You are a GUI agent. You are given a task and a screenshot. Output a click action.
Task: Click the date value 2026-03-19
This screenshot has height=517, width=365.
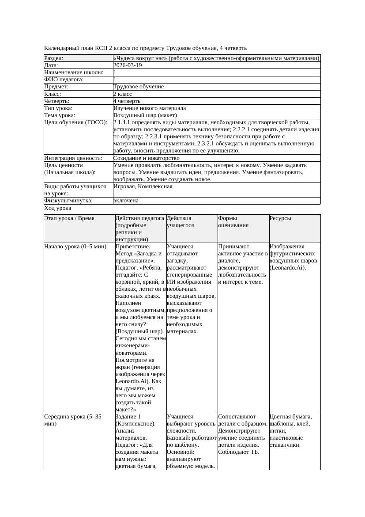pos(128,65)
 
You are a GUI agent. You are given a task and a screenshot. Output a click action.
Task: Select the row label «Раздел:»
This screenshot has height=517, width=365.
pos(54,58)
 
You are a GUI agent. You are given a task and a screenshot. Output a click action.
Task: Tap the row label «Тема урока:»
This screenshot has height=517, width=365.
pos(60,115)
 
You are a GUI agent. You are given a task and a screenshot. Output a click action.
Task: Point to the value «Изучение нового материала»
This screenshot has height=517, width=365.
pos(150,108)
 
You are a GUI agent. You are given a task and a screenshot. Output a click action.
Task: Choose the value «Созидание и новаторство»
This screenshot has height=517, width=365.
pos(147,158)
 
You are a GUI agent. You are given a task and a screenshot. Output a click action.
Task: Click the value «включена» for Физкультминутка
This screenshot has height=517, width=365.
pos(126,201)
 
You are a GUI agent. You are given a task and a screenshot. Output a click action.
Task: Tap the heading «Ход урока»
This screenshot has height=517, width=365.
pos(58,208)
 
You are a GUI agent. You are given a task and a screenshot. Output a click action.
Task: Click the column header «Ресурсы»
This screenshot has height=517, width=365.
pos(280,218)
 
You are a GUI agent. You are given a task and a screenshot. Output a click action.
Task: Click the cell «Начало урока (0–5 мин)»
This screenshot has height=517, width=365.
pos(75,247)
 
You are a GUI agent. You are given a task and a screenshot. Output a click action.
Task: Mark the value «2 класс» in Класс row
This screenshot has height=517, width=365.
pos(123,94)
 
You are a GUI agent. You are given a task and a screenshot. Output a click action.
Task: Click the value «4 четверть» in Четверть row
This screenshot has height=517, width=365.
pos(127,101)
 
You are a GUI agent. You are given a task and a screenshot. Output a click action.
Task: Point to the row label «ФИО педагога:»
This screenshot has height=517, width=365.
pos(64,80)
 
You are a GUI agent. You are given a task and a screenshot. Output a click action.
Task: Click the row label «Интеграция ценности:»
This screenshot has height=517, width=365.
pos(73,158)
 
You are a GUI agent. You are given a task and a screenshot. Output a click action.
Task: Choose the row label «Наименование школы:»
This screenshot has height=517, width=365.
pos(74,72)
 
